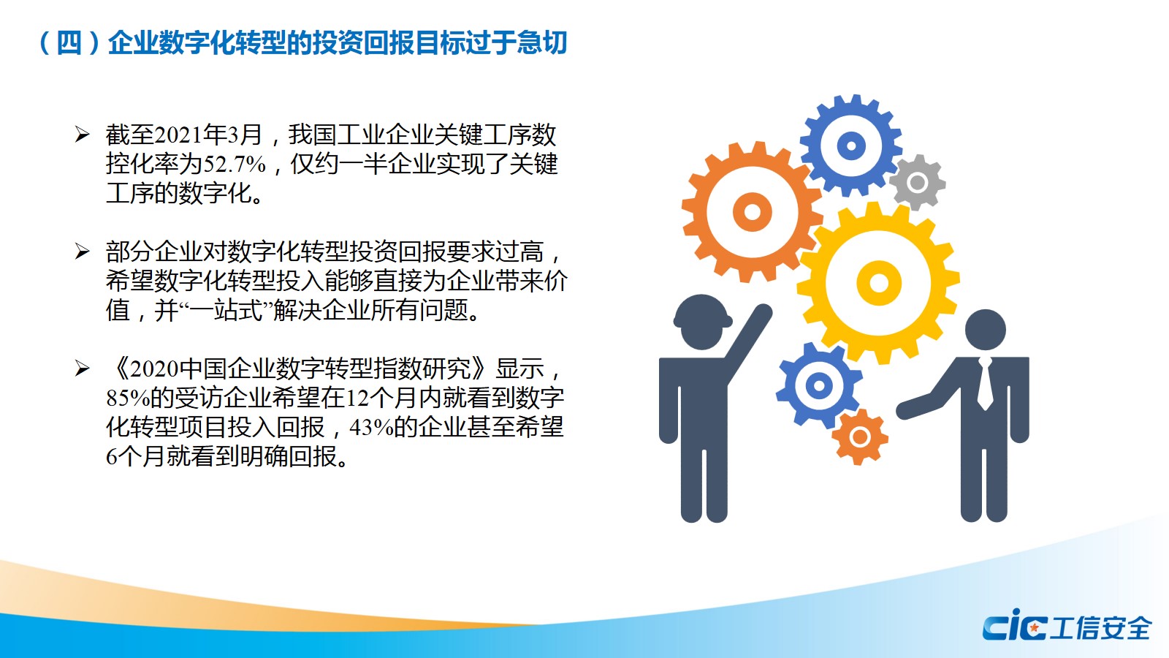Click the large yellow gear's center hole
pyautogui.click(x=879, y=282)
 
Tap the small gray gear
pyautogui.click(x=917, y=182)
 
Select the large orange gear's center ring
pyautogui.click(x=752, y=212)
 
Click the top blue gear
pyautogui.click(x=851, y=145)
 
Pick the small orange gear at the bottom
pyautogui.click(x=859, y=436)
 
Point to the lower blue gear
pyautogui.click(x=818, y=386)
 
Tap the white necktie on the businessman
pyautogui.click(x=985, y=385)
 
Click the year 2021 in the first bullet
pyautogui.click(x=178, y=135)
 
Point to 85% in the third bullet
pyautogui.click(x=128, y=398)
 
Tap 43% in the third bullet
pyautogui.click(x=371, y=428)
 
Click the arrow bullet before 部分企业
pyautogui.click(x=82, y=252)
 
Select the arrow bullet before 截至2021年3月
pyautogui.click(x=82, y=135)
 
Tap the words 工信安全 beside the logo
pyautogui.click(x=1100, y=629)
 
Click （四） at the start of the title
pyautogui.click(x=69, y=43)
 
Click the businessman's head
pyautogui.click(x=986, y=330)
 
